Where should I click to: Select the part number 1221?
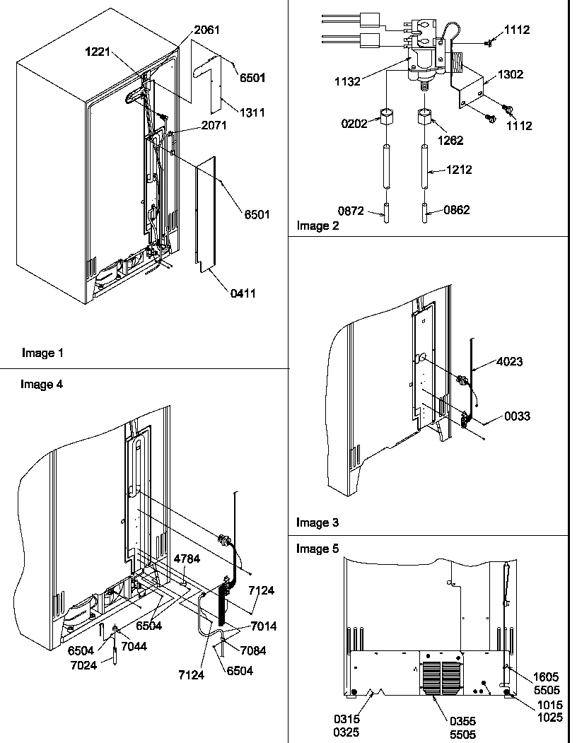[x=100, y=52]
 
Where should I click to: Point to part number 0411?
[x=241, y=293]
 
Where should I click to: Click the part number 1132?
[x=346, y=81]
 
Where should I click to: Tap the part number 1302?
[x=511, y=74]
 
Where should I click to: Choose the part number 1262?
[x=450, y=140]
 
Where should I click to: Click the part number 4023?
[x=508, y=362]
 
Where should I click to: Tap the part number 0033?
[x=516, y=417]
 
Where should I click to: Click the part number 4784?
[x=187, y=558]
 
